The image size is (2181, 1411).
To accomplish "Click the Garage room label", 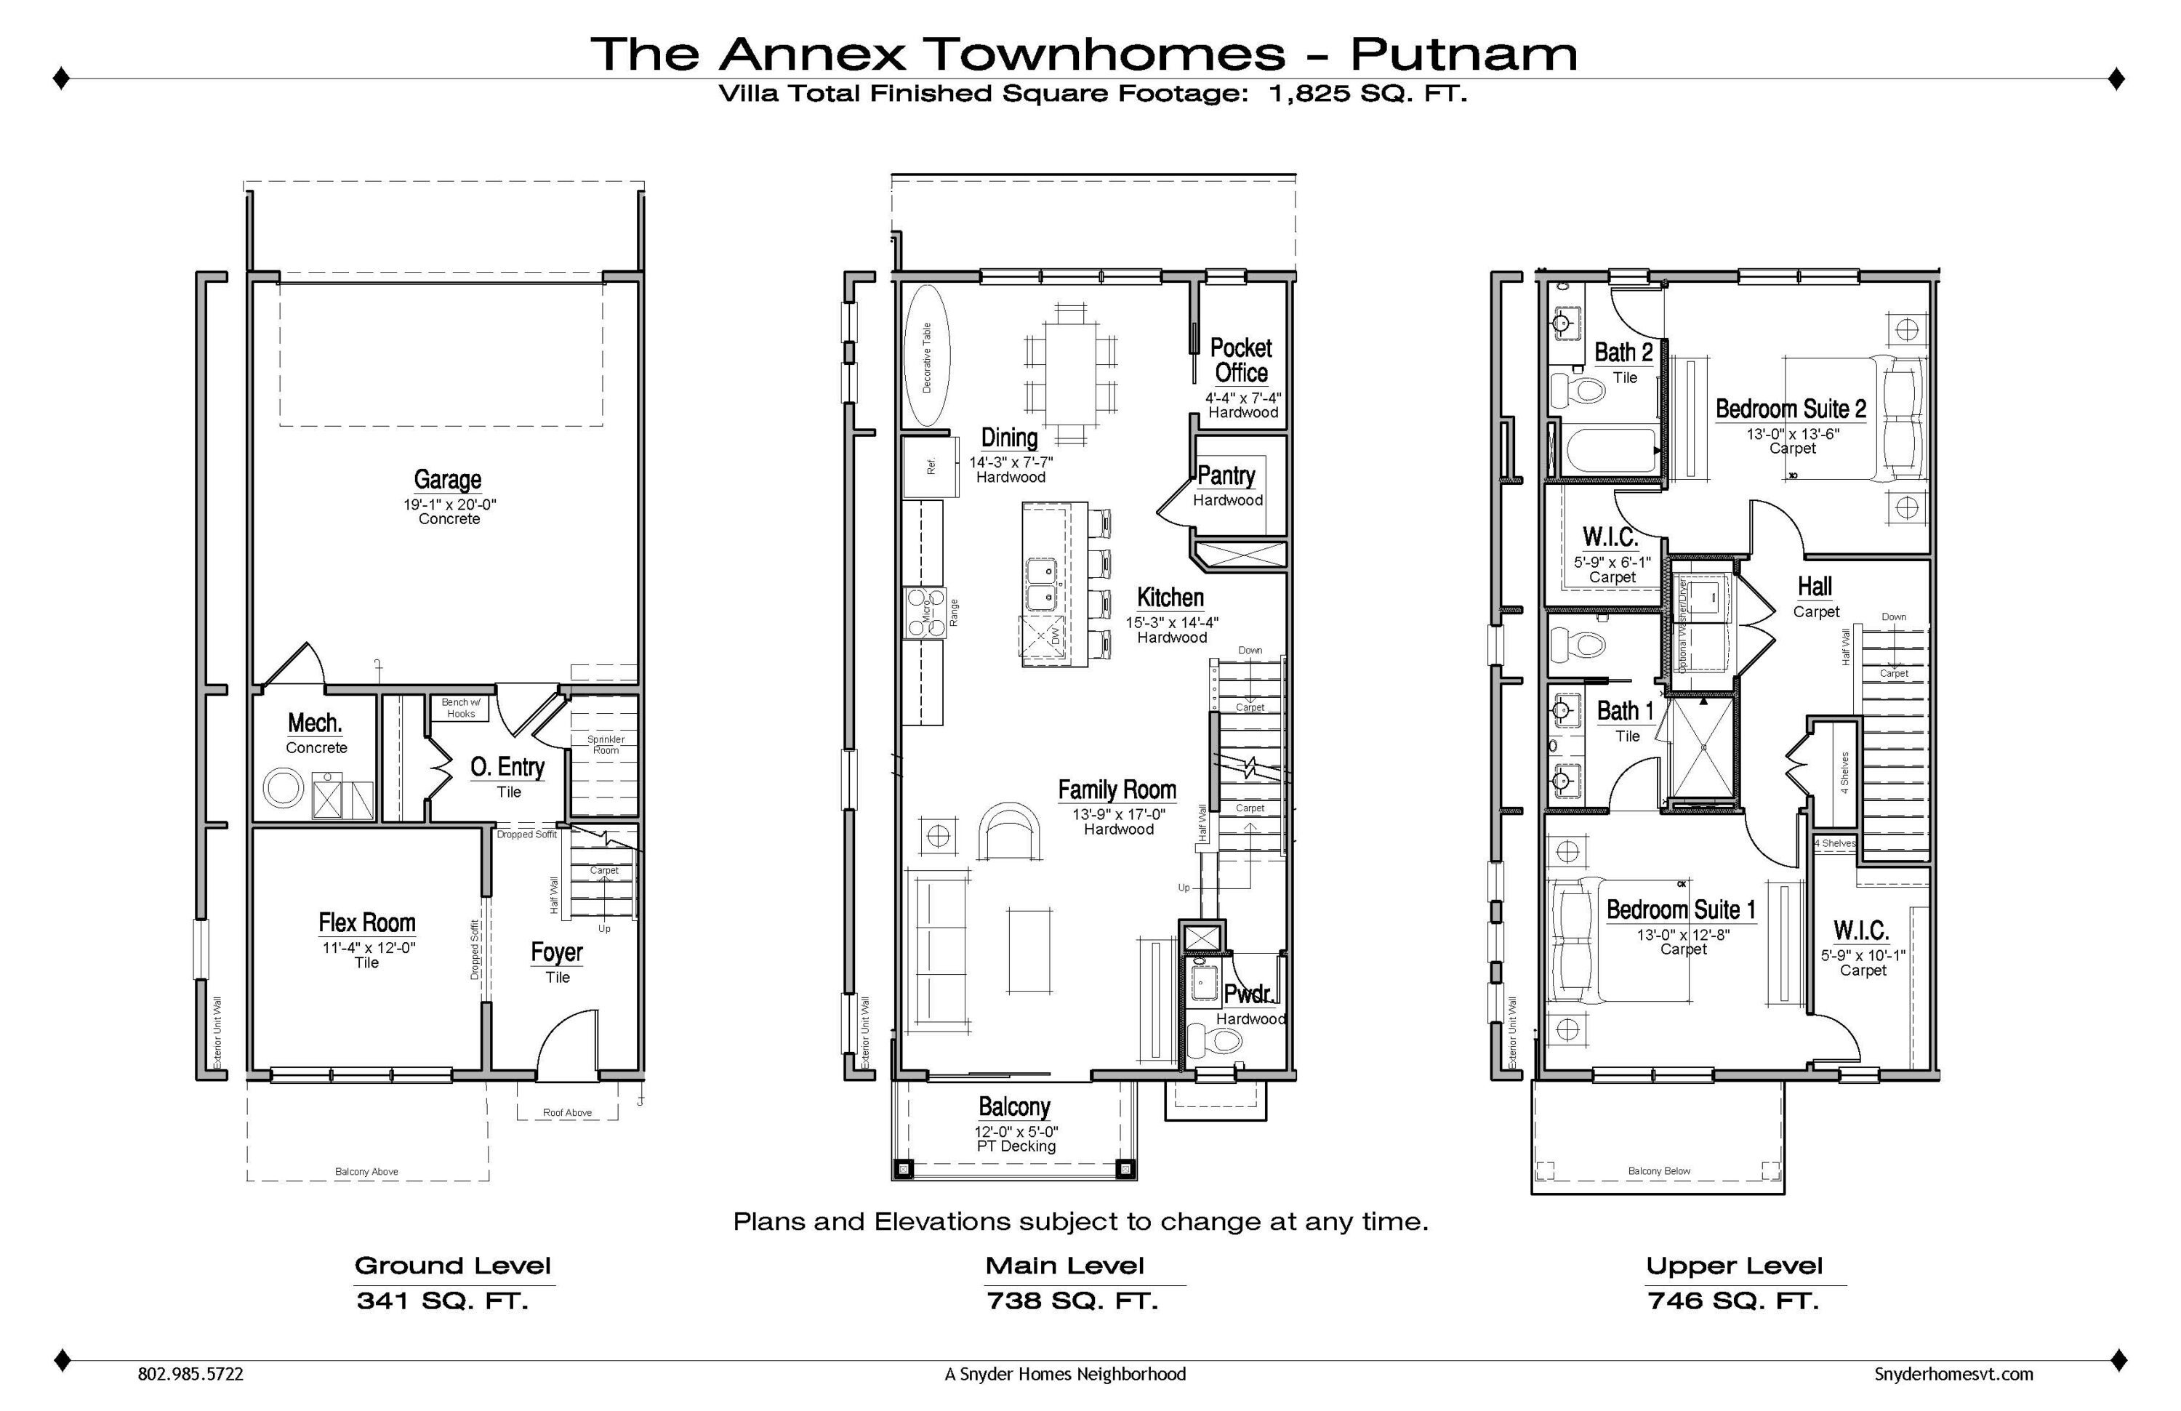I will (447, 479).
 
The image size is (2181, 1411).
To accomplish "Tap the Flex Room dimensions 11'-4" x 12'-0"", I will (369, 947).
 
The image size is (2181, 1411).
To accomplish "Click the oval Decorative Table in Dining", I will (926, 356).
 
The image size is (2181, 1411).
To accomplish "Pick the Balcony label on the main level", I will (1013, 1107).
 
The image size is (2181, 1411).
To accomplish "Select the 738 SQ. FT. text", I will (1072, 1301).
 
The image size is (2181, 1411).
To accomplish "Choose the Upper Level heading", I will (1734, 1266).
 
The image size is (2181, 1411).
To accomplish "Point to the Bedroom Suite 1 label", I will (1681, 910).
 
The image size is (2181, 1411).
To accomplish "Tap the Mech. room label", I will (316, 723).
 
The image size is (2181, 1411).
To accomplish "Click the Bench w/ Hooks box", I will (460, 708).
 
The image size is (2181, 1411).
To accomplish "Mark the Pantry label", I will (1226, 475).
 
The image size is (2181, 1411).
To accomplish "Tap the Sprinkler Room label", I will (606, 744).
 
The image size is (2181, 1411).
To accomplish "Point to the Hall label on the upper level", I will (1815, 587).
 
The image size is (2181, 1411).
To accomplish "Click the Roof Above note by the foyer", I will (567, 1112).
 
